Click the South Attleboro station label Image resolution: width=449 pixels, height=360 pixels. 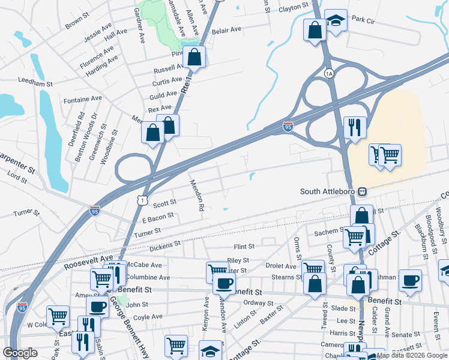pos(328,192)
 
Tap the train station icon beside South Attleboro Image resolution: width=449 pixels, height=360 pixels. pos(363,192)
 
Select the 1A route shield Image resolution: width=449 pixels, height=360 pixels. pos(328,73)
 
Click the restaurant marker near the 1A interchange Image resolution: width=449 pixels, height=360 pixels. pos(354,127)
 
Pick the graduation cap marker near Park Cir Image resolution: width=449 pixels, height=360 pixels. pos(336,21)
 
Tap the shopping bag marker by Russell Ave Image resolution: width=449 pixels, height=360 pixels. pos(194,58)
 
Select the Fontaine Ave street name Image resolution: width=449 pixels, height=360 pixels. pos(83,99)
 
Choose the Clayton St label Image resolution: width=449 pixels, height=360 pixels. pos(293,8)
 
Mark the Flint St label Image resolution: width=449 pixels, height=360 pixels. pos(244,247)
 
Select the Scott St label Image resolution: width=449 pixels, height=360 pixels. pos(164,203)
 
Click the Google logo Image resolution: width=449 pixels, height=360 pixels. pos(20,353)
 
